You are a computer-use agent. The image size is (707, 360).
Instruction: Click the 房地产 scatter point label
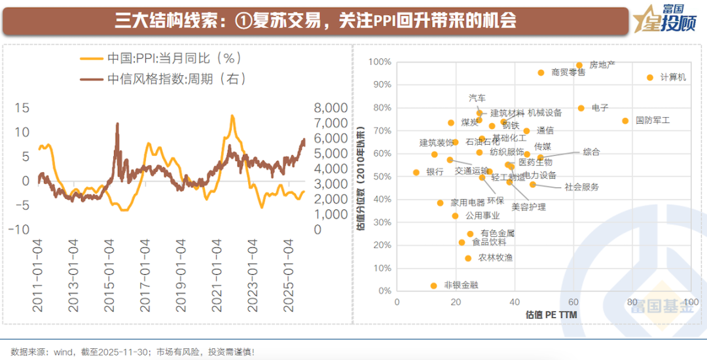point(602,65)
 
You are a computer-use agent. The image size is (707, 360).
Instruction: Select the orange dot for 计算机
point(650,77)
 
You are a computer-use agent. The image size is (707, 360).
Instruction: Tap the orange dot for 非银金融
point(433,285)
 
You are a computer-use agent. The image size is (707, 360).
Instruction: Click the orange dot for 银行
point(416,172)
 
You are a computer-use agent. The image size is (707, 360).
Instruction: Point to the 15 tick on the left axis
point(22,108)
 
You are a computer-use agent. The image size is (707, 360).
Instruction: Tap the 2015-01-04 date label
point(109,275)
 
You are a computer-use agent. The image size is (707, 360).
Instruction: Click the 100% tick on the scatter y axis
point(380,62)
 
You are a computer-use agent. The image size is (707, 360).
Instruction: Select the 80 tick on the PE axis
point(631,302)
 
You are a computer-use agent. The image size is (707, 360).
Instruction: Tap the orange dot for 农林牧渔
point(468,258)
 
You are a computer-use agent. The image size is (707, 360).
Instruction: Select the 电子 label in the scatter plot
point(600,107)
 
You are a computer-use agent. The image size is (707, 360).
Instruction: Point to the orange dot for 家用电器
point(440,203)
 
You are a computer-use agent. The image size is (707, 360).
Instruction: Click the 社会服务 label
point(581,187)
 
